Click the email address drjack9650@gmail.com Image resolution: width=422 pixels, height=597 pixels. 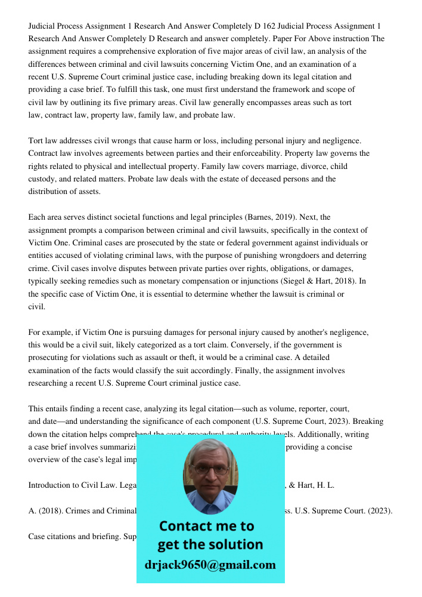pos(210,565)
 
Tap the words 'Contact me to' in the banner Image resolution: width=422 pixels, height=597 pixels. pos(206,526)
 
